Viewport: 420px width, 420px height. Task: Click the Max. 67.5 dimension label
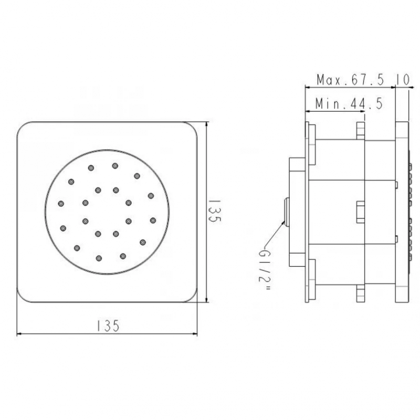350,80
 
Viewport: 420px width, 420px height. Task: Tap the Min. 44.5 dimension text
349,103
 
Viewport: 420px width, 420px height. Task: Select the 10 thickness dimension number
403,80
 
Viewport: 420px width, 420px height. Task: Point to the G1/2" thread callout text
265,270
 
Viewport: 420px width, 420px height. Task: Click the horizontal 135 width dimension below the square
108,326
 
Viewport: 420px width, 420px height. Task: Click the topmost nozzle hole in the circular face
115,166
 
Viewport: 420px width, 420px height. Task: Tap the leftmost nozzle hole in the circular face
61,204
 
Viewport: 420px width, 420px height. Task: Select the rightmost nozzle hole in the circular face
153,220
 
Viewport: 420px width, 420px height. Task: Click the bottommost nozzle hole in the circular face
99,258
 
